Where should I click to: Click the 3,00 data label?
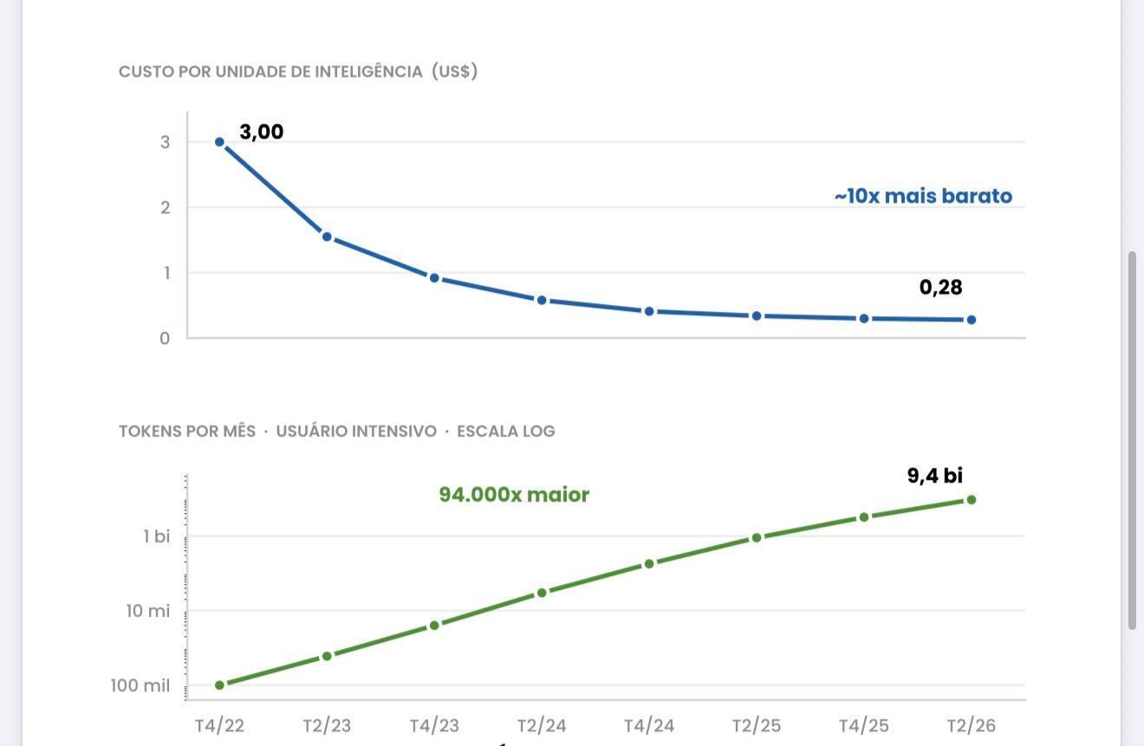pyautogui.click(x=262, y=133)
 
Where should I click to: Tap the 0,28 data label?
pyautogui.click(x=940, y=288)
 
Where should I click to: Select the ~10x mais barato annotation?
pyautogui.click(x=923, y=196)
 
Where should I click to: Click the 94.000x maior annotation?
pyautogui.click(x=514, y=494)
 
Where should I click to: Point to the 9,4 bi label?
pyautogui.click(x=935, y=476)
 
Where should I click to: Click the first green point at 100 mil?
pyautogui.click(x=219, y=685)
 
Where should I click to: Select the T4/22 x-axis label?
pyautogui.click(x=219, y=725)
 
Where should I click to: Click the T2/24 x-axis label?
pyautogui.click(x=542, y=725)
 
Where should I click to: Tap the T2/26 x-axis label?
pyautogui.click(x=972, y=725)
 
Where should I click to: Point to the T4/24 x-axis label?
pyautogui.click(x=649, y=725)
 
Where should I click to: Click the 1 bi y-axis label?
pyautogui.click(x=157, y=536)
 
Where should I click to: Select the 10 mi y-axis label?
pyautogui.click(x=148, y=611)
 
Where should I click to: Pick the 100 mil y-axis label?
pyautogui.click(x=140, y=685)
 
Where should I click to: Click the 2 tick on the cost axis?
pyautogui.click(x=165, y=208)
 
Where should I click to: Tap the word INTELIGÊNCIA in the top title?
pyautogui.click(x=368, y=72)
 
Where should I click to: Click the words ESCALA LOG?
pyautogui.click(x=505, y=431)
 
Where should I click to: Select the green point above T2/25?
pyautogui.click(x=757, y=538)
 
